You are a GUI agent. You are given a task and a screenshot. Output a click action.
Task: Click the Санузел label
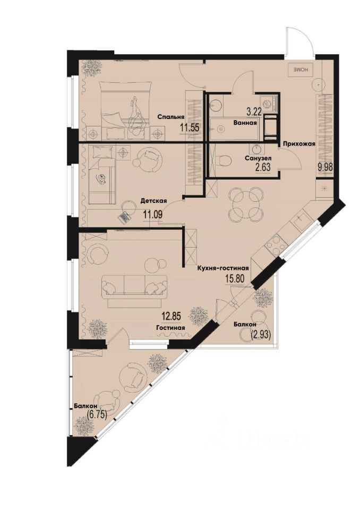(259, 158)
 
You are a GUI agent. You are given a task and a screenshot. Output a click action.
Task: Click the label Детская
(154, 201)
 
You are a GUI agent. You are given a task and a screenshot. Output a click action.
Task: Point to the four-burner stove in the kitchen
(276, 245)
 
